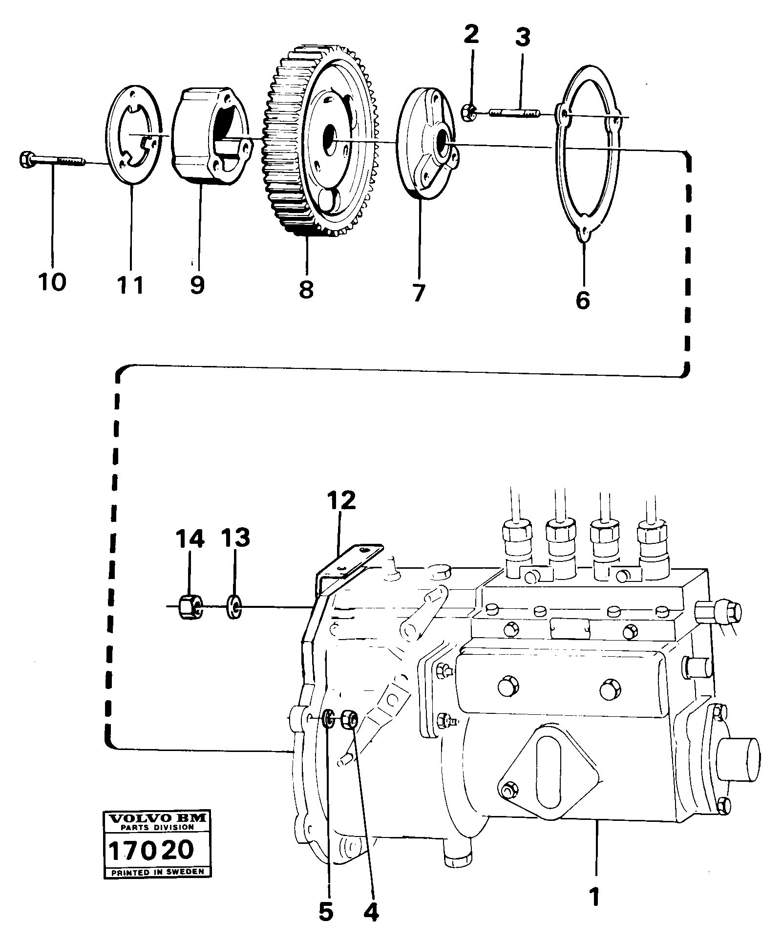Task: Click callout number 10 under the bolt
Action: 51,282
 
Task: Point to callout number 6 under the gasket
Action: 582,300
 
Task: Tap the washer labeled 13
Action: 235,608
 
